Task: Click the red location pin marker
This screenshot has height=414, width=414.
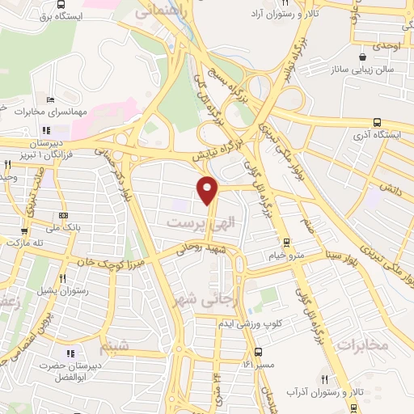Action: [209, 189]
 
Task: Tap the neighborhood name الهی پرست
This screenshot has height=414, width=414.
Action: [194, 220]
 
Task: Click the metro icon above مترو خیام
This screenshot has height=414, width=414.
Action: [285, 243]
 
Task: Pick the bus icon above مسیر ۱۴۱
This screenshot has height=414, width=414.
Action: [258, 352]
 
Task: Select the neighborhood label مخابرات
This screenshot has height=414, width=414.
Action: [361, 345]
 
